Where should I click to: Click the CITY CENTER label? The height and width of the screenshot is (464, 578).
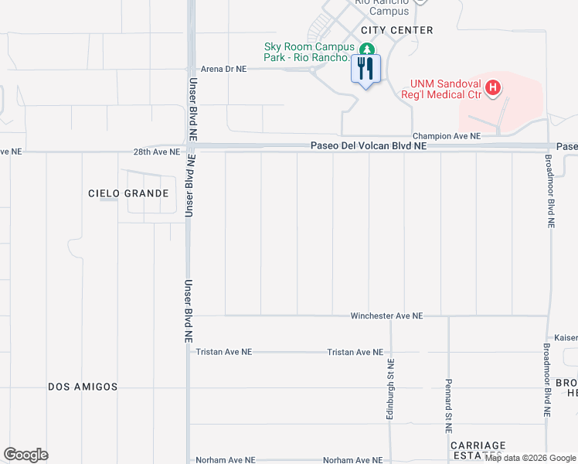396,30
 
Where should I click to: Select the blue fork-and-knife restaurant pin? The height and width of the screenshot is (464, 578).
365,70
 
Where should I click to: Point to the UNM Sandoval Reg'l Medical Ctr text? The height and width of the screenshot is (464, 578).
444,89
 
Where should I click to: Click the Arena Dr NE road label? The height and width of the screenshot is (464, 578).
223,69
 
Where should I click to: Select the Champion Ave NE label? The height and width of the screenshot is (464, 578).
446,136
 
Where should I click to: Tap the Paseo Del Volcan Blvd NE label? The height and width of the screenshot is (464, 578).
368,145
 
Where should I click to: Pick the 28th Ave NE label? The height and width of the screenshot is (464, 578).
157,152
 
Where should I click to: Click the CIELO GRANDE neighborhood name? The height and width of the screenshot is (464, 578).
128,193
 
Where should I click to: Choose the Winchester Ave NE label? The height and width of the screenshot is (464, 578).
386,316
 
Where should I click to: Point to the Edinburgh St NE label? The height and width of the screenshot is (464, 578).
391,390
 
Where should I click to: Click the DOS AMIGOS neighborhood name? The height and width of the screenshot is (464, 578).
83,387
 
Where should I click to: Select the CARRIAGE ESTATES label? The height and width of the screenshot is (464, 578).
479,450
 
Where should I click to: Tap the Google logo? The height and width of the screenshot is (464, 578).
25,455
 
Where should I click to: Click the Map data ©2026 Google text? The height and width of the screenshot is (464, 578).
529,459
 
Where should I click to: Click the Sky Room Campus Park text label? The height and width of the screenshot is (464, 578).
309,53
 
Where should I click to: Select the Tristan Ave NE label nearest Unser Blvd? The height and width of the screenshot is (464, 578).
224,352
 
